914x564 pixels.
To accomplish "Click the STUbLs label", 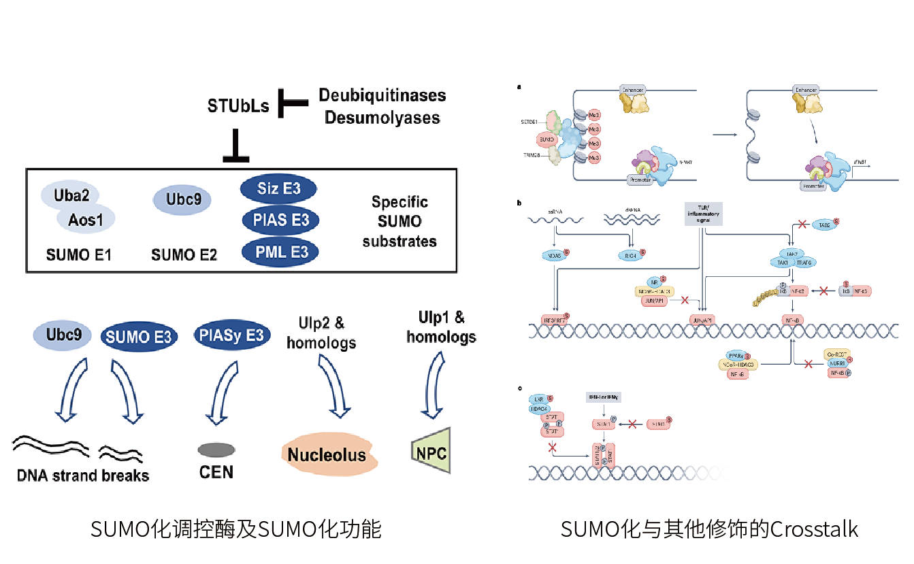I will (x=238, y=105).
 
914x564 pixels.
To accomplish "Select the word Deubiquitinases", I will (x=382, y=95).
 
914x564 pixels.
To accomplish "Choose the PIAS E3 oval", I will (x=279, y=220).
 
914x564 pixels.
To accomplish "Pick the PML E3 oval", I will (x=279, y=252).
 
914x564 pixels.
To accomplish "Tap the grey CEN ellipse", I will (x=216, y=450).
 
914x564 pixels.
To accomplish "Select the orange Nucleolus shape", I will (x=326, y=454).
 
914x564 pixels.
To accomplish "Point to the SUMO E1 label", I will (x=79, y=255).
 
